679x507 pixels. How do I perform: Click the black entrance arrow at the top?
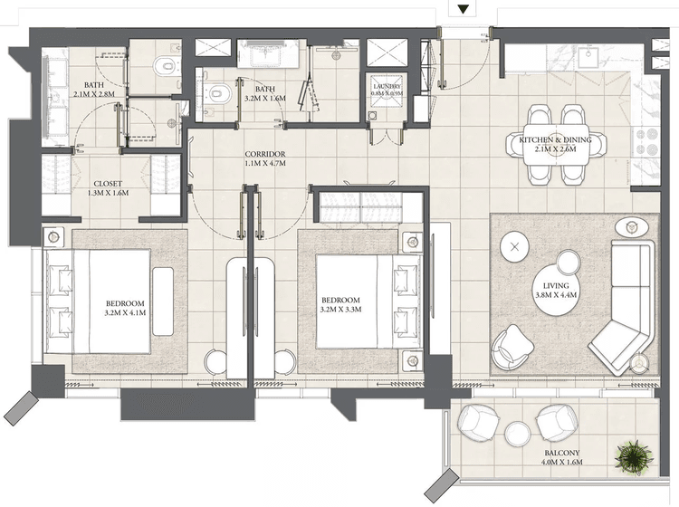(x=464, y=10)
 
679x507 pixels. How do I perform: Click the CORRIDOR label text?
(x=265, y=155)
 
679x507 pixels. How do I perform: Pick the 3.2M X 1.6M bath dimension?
(x=265, y=100)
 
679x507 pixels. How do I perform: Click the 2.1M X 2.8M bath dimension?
(x=89, y=94)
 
